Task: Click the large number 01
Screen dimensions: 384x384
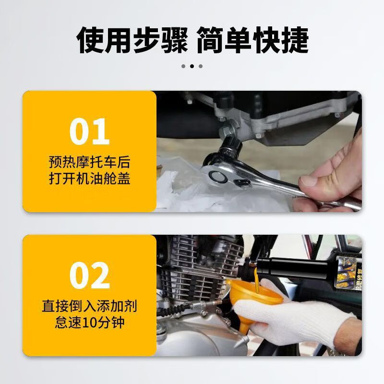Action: (x=89, y=131)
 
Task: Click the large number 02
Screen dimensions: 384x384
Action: (x=89, y=275)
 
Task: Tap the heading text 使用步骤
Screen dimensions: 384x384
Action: (x=133, y=40)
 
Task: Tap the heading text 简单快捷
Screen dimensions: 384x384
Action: (x=252, y=40)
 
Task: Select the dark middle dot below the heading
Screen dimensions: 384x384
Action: (x=192, y=66)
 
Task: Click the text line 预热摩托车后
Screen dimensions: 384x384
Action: (x=89, y=161)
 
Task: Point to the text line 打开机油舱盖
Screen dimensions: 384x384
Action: (x=89, y=178)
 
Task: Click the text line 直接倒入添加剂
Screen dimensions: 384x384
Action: (x=89, y=305)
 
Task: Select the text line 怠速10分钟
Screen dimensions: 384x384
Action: (x=89, y=322)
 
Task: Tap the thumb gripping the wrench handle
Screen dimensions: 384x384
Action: (x=314, y=180)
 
